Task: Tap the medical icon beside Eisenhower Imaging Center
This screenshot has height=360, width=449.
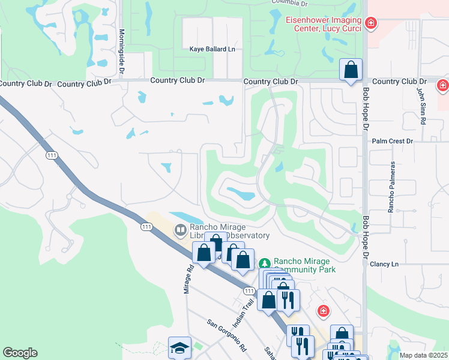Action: [x=372, y=23]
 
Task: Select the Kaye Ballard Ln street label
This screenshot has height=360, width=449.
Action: [x=212, y=49]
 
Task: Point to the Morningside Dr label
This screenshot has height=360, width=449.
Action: [x=121, y=52]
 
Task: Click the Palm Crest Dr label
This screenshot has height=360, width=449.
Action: [x=393, y=141]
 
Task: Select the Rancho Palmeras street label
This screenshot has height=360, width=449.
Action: [x=392, y=187]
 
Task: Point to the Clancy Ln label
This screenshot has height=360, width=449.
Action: [x=384, y=264]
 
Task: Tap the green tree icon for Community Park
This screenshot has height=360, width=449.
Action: [x=265, y=263]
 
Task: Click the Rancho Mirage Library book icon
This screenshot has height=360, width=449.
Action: [x=180, y=230]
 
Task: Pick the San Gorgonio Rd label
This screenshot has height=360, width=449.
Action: [x=227, y=335]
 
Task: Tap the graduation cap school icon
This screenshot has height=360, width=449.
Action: [x=179, y=347]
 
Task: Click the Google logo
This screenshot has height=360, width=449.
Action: [x=20, y=353]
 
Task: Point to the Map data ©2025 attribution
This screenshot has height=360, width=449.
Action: [x=423, y=355]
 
